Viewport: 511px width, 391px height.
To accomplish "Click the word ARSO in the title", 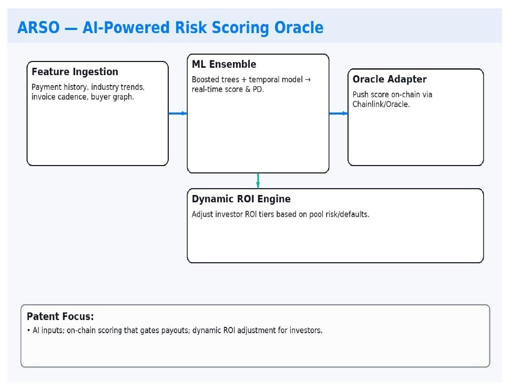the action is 38,27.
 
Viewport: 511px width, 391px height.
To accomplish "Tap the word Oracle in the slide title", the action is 299,27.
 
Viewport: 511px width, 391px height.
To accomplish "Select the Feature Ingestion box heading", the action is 75,71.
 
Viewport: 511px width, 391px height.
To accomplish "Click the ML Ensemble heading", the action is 224,64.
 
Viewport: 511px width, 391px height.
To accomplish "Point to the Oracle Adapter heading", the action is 390,79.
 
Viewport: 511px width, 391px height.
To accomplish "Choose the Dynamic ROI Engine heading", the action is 241,199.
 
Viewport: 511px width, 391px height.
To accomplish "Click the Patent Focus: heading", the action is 60,316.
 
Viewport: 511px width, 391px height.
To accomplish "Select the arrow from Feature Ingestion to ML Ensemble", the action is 178,114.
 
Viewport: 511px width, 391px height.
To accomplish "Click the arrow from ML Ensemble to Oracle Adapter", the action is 339,114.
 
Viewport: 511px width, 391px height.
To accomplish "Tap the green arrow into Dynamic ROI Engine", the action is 258,181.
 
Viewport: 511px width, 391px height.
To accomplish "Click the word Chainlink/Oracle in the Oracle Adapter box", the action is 381,104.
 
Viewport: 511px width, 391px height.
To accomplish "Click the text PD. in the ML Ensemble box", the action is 258,89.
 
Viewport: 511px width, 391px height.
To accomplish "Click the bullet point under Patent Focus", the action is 29,331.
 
